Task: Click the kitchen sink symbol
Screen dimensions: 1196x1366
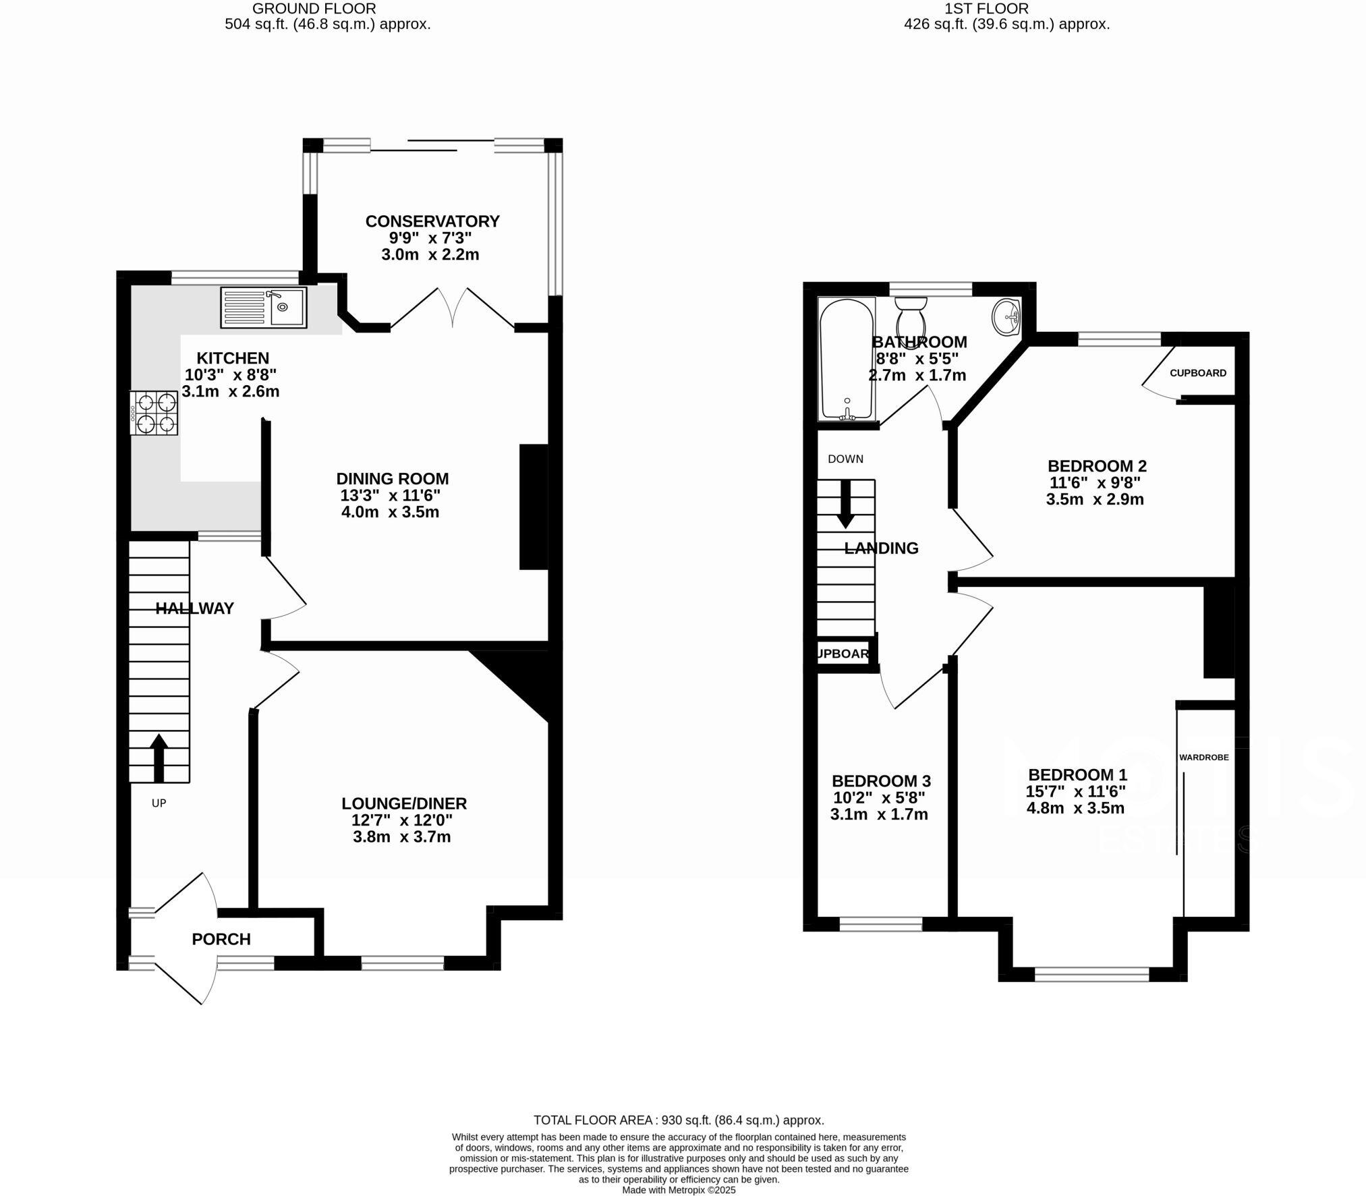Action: [263, 308]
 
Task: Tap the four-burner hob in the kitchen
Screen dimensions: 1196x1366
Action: [154, 413]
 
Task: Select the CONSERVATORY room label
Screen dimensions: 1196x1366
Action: [432, 221]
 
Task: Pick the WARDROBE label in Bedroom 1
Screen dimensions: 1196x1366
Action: [1203, 758]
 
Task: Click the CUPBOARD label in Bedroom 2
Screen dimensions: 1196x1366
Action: [1198, 373]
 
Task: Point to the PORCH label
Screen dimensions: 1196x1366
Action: [221, 939]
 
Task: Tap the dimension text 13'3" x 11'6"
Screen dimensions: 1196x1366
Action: [391, 496]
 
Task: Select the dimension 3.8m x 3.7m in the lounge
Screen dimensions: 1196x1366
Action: [402, 837]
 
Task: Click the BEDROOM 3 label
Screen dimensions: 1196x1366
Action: [881, 781]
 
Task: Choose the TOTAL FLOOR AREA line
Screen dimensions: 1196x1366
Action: [679, 1120]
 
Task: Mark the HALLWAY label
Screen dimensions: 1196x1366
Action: [194, 608]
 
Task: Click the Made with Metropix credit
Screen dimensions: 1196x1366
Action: [679, 1191]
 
